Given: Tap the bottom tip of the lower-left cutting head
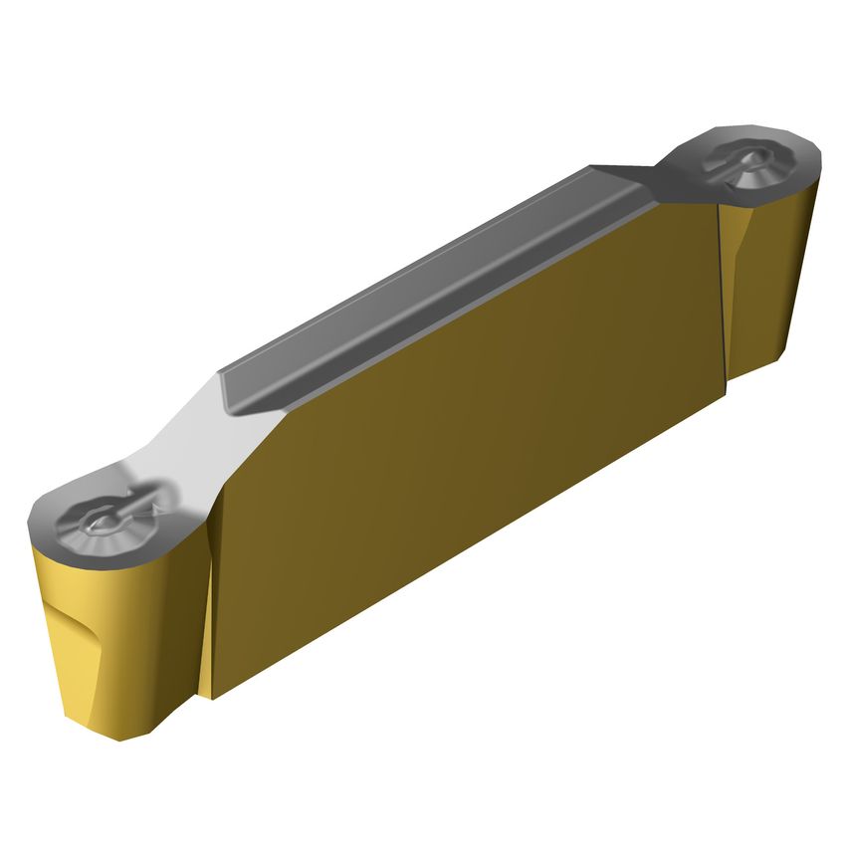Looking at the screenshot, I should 117,737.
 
